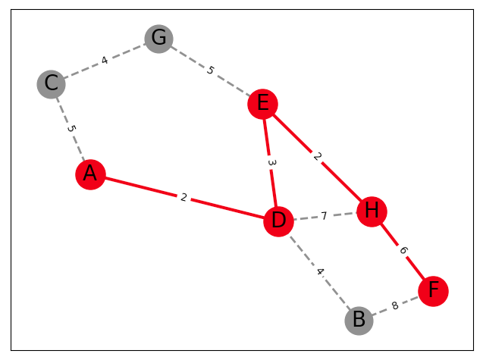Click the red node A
coord(90,174)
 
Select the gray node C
coord(51,83)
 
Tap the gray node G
coord(158,38)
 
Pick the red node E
coord(262,104)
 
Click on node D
coord(278,221)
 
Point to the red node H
coord(372,211)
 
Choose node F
coord(433,290)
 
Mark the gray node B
coord(359,320)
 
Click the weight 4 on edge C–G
coord(105,61)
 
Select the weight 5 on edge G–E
coord(211,70)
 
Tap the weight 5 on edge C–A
coord(71,129)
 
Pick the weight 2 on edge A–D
coord(183,198)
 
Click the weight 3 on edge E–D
coord(271,162)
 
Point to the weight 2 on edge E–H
coord(317,157)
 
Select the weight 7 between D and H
coord(324,216)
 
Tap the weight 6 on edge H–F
coord(403,251)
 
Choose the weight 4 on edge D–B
coord(319,271)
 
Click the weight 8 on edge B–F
coord(394,305)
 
